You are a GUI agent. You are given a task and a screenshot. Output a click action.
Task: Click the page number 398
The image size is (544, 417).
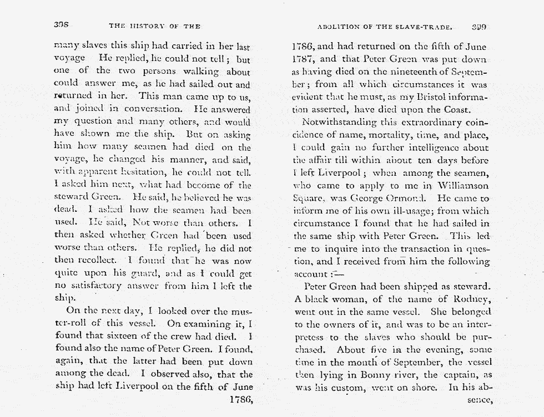tap(61, 26)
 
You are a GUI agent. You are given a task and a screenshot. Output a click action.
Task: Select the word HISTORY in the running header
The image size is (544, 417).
tap(147, 26)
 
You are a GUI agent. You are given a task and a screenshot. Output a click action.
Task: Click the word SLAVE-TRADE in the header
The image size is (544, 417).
tap(430, 26)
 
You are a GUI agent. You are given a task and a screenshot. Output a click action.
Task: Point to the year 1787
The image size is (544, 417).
tap(304, 59)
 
